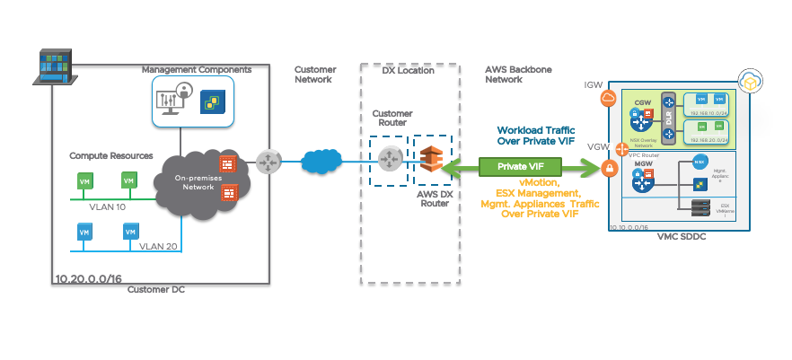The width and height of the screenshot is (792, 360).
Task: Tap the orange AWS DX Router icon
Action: point(430,158)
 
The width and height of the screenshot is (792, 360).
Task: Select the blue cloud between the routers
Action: point(320,162)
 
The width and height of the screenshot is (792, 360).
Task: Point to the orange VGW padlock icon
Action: point(609,167)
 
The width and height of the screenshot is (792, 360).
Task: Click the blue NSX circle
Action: point(700,162)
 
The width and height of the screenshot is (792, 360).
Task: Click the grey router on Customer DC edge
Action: point(268,162)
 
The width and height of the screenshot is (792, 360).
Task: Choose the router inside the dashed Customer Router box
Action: point(389,159)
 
